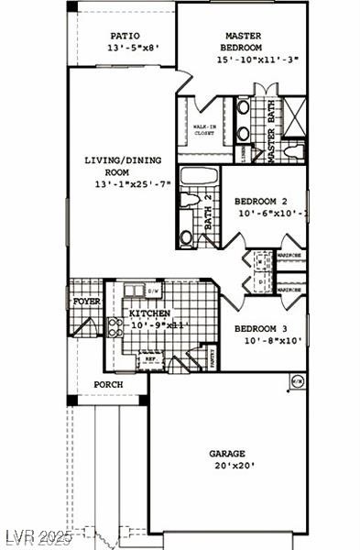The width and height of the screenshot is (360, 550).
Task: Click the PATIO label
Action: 124,36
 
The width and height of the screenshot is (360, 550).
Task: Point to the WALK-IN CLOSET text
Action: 205,129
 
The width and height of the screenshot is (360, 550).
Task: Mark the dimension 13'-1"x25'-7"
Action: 133,184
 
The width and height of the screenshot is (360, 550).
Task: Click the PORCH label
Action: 108,384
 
